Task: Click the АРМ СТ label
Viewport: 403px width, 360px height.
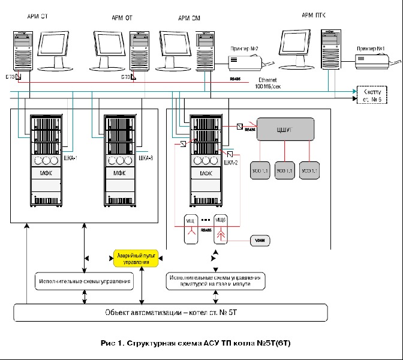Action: [37, 19]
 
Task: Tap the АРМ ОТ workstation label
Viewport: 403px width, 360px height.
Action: [121, 19]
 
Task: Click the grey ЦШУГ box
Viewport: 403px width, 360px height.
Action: [286, 129]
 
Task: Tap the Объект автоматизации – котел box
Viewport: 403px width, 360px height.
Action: [172, 312]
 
